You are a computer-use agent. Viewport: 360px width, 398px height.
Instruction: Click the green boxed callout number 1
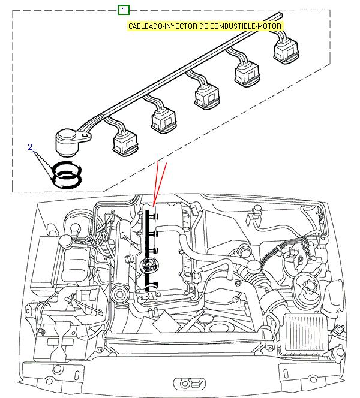pos(124,10)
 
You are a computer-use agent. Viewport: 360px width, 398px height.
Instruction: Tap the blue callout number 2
pos(30,146)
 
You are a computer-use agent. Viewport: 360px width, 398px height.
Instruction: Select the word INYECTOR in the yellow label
pos(176,26)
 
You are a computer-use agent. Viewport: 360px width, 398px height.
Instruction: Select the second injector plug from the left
pos(164,119)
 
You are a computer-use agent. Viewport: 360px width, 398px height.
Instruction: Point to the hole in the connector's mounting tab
pos(86,137)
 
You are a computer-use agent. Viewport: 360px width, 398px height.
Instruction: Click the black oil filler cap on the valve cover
pos(147,265)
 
